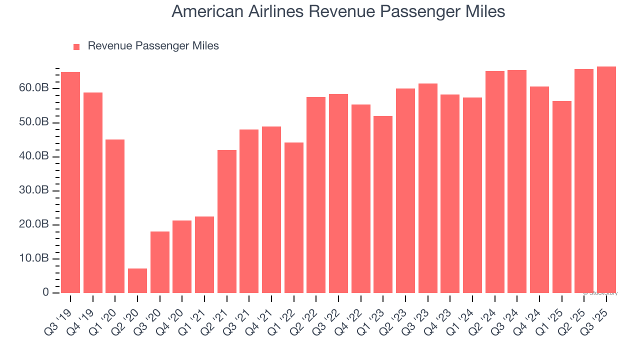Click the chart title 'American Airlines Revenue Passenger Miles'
(338, 11)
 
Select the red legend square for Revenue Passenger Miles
(76, 46)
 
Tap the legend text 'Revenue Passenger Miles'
(153, 46)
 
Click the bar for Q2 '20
(137, 280)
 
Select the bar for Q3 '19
(70, 182)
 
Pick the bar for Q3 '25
(606, 179)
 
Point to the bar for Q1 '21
(204, 254)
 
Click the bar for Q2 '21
(227, 221)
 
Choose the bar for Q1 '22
(294, 217)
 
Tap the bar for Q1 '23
(383, 204)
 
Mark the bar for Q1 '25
(562, 197)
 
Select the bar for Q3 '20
(160, 262)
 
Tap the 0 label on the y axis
(45, 292)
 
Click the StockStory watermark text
(601, 293)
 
